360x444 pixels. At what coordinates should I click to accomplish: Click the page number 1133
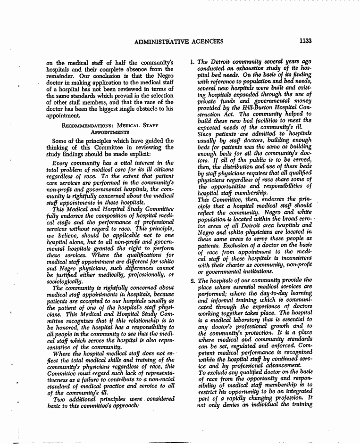pos(305,41)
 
